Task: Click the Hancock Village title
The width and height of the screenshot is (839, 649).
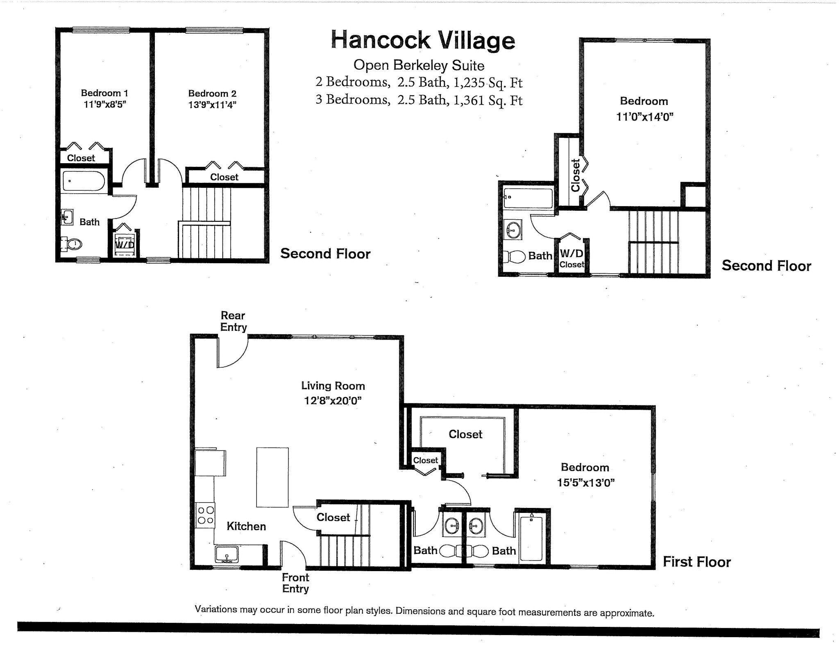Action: coord(423,40)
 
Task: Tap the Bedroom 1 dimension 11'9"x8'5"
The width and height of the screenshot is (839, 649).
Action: coord(104,104)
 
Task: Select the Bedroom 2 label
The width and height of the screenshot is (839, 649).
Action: coord(212,93)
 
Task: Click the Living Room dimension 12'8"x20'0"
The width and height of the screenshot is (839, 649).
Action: coord(333,401)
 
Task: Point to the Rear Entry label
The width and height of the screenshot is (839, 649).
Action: coord(234,321)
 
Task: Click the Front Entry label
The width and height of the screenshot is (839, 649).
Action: coord(295,583)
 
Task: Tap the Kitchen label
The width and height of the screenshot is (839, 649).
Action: coord(246,526)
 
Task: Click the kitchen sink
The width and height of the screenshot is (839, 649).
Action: coord(227,554)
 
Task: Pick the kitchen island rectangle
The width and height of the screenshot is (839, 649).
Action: coord(272,478)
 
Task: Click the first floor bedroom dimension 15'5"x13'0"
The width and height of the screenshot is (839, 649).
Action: coord(586,483)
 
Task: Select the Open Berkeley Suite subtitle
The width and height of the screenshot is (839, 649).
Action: coord(419,65)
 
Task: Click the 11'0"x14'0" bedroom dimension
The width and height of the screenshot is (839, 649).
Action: coord(645,117)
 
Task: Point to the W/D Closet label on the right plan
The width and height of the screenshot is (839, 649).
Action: coord(571,258)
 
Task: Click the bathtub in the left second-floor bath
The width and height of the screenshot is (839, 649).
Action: coord(84,181)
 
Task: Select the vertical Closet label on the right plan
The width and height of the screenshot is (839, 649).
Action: coord(576,175)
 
